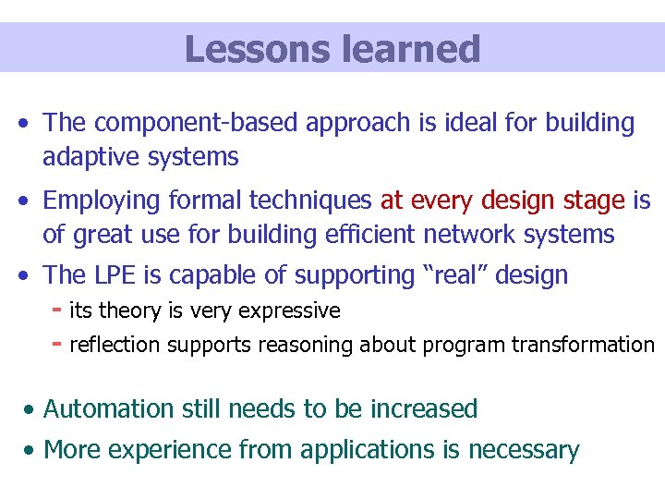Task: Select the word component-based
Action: (x=198, y=123)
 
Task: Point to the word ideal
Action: (x=443, y=123)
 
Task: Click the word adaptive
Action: (x=89, y=157)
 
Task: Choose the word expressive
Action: (x=294, y=310)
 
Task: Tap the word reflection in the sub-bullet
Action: (x=114, y=345)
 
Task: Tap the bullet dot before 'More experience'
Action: (x=31, y=451)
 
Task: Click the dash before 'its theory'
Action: (x=57, y=310)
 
